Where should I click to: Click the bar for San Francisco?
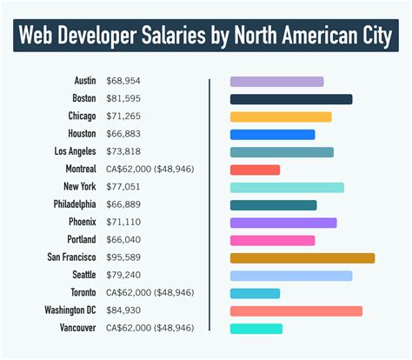pos(302,258)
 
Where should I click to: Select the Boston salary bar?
pos(290,99)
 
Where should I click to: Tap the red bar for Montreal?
pos(255,170)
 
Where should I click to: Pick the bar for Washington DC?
pos(296,310)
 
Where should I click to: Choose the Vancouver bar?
pos(256,329)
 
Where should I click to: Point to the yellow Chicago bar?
pos(280,117)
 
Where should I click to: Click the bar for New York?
pos(287,188)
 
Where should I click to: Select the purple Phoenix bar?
pos(282,223)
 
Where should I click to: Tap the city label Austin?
pos(83,81)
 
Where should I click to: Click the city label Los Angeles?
pos(73,151)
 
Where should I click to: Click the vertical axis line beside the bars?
pos(209,205)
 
